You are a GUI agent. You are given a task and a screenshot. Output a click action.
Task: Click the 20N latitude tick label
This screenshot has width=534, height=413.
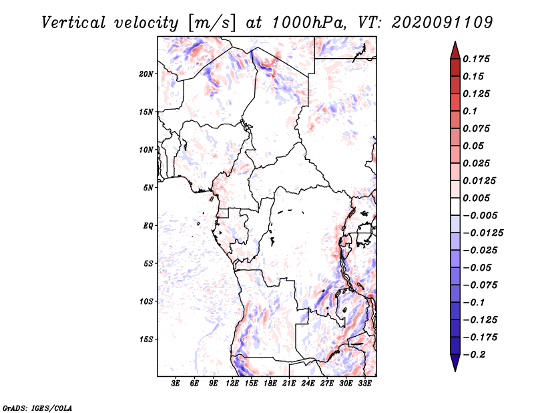[x=146, y=74]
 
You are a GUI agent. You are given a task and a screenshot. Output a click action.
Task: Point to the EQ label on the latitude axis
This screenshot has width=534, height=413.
[x=148, y=226]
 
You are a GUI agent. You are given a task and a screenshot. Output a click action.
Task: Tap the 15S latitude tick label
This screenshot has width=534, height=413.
[x=146, y=339]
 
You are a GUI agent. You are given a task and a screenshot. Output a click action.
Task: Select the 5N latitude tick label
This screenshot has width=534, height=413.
[x=148, y=188]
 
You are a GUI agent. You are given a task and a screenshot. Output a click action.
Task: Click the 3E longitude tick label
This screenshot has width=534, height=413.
[x=176, y=384]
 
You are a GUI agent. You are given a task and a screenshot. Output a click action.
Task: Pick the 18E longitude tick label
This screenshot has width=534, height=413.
[x=270, y=384]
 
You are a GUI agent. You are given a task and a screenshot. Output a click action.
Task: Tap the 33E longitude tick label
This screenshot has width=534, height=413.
[x=364, y=384]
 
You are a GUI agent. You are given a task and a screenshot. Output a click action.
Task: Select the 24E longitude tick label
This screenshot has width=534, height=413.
[x=308, y=384]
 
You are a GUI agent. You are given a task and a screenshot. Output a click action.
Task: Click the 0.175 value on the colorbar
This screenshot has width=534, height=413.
[x=476, y=59]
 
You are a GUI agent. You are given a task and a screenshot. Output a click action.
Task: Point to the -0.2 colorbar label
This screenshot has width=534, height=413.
[x=474, y=355]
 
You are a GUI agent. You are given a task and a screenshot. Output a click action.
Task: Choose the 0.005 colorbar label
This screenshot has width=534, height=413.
[x=476, y=198]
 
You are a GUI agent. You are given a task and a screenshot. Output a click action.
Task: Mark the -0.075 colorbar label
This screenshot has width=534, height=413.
[x=480, y=285]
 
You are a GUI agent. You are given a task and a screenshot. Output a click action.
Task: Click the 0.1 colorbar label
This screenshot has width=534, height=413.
[x=470, y=111]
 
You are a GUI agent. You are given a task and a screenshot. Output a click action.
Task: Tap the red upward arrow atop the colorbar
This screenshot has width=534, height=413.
[x=455, y=51]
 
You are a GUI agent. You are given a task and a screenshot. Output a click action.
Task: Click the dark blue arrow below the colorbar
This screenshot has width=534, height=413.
[x=455, y=363]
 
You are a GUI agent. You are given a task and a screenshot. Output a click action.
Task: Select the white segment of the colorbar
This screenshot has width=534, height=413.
[x=455, y=206]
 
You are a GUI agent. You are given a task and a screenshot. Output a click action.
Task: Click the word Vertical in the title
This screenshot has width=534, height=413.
[x=73, y=23]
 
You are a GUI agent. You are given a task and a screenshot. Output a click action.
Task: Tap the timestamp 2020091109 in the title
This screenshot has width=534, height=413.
[x=442, y=23]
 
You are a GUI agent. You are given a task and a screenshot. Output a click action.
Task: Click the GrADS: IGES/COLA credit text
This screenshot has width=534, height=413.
[x=37, y=408]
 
